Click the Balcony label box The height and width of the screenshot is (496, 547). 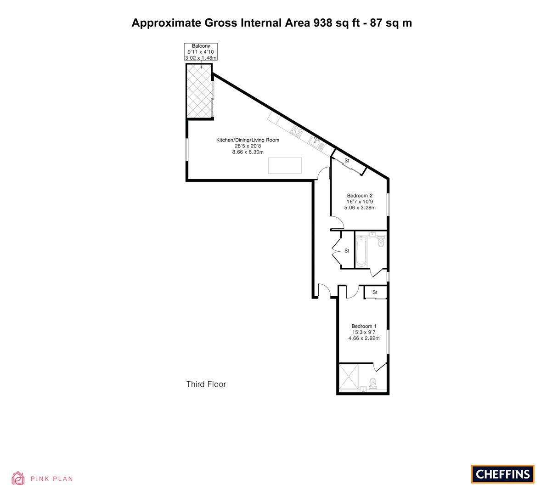(x=201, y=51)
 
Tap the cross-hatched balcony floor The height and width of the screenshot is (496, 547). (x=199, y=91)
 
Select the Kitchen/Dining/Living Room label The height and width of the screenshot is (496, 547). (x=248, y=140)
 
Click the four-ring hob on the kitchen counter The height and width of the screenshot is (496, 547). (x=297, y=131)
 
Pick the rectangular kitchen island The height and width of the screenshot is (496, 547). (x=285, y=166)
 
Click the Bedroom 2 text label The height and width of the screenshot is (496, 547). (x=360, y=196)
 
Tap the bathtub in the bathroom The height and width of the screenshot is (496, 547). (x=361, y=252)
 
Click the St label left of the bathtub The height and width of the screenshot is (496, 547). (x=347, y=251)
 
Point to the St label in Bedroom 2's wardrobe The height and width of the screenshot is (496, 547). (x=347, y=161)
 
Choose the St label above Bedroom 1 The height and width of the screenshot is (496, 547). (x=375, y=292)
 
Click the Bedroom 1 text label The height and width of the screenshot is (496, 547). (x=364, y=327)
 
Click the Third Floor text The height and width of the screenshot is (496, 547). (x=206, y=384)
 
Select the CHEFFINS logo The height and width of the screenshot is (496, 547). (x=503, y=474)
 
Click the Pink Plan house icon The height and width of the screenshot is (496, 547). (x=18, y=478)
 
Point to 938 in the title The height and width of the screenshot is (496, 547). (x=323, y=23)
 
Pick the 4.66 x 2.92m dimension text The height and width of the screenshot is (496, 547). (x=364, y=338)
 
